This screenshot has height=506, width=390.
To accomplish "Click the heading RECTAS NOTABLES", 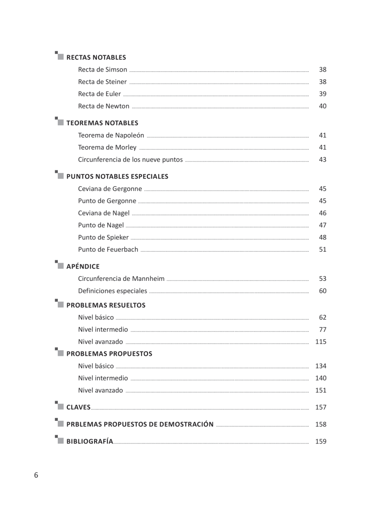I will point(96,57).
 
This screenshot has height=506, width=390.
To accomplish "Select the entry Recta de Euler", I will point(100,94).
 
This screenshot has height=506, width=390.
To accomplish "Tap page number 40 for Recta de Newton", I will point(323,106).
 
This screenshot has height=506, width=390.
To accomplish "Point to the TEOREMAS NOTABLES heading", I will point(102,123).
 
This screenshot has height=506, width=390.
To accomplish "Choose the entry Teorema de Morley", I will point(107,148).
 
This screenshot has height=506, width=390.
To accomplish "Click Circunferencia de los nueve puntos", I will point(130,160).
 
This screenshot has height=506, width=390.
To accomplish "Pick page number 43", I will point(323,160).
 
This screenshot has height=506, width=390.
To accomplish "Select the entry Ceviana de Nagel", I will point(104,213).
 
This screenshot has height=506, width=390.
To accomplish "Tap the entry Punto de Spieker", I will point(103,237).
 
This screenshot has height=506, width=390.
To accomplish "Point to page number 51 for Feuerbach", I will point(323,250).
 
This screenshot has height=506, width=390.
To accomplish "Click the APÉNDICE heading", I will point(83,266).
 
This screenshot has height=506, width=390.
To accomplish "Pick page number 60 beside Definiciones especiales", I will point(323,291).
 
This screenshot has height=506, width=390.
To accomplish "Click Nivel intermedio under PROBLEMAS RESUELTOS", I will point(103,330).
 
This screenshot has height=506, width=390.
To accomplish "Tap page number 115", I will point(321,342).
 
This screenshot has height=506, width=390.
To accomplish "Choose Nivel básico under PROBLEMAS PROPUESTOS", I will point(96,366).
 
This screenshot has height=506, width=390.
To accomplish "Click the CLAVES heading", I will point(78,407).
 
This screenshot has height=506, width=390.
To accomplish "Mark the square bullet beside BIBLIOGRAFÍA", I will point(60,441).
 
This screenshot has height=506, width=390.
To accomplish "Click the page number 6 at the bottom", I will point(36,476).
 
